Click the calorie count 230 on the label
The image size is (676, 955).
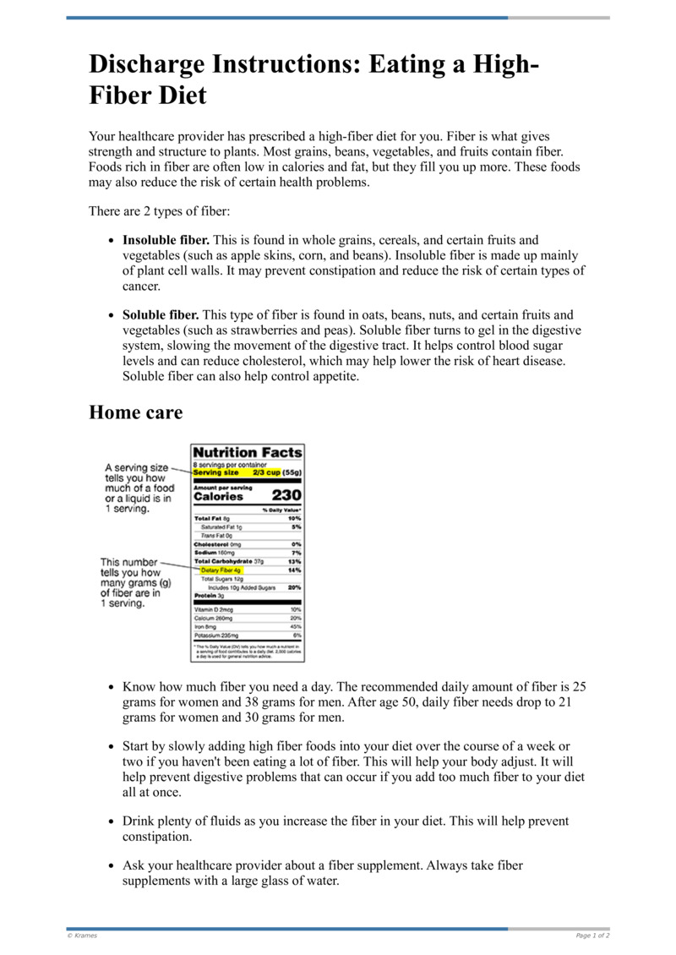coord(286,496)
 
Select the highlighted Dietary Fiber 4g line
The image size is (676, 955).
coord(221,570)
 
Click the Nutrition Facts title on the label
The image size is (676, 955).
coord(247,453)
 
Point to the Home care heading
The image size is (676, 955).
coord(135,412)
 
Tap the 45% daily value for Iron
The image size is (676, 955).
coord(295,626)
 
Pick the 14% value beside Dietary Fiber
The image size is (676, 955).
coord(294,570)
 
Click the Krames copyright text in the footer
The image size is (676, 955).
coord(82,936)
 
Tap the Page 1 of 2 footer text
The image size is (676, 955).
coord(592,936)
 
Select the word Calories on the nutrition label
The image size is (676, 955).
coord(218,497)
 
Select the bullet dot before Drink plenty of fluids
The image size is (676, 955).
coord(112,821)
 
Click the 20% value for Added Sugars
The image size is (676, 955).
coord(294,587)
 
